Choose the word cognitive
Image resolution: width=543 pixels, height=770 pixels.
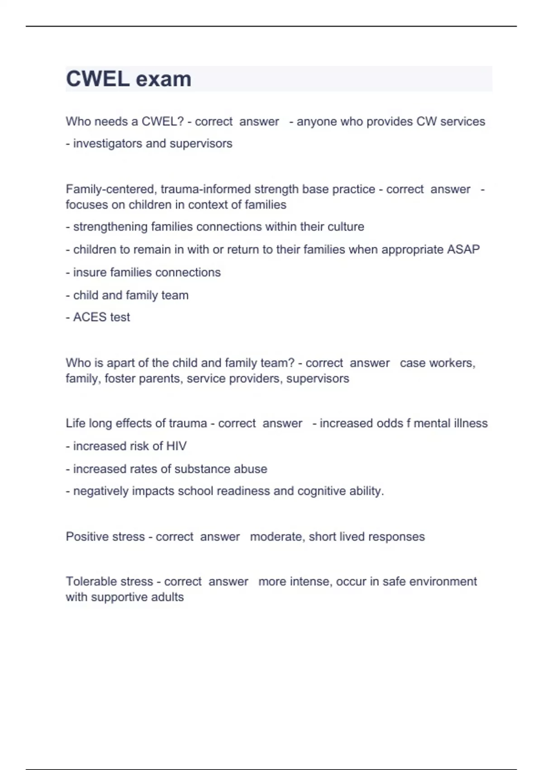click(320, 491)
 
